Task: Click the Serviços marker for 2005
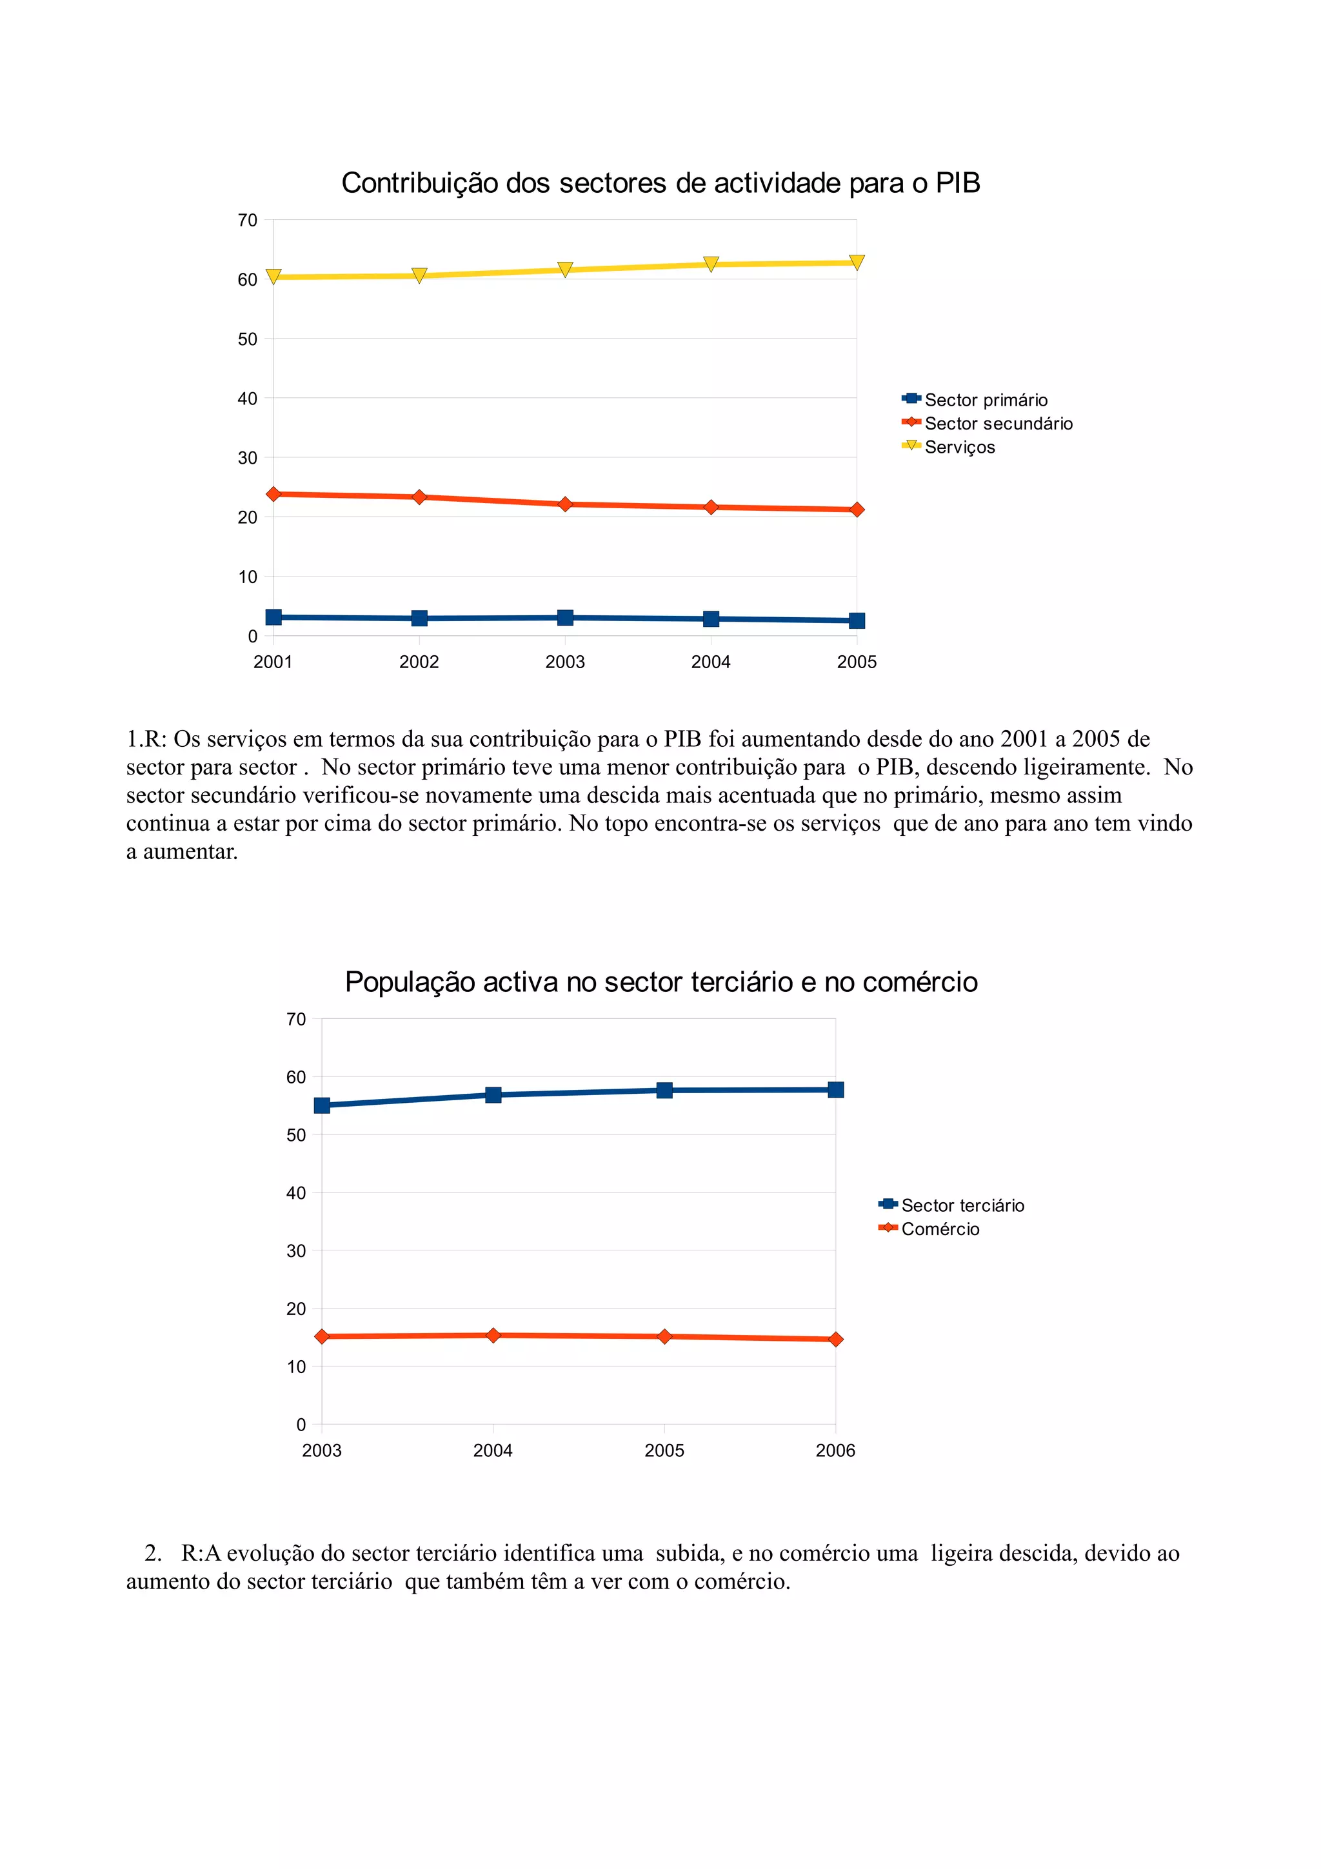click(x=856, y=262)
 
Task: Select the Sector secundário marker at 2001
click(x=273, y=494)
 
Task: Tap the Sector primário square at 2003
click(x=565, y=618)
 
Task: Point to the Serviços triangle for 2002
click(x=419, y=276)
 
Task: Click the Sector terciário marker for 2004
click(x=493, y=1095)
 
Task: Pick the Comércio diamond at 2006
click(x=836, y=1339)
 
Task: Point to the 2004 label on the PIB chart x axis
click(x=711, y=662)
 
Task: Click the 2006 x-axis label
click(x=835, y=1450)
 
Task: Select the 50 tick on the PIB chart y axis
click(x=248, y=339)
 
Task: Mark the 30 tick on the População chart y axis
click(x=296, y=1251)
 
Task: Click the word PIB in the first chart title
click(x=957, y=183)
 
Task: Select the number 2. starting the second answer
click(x=153, y=1553)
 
